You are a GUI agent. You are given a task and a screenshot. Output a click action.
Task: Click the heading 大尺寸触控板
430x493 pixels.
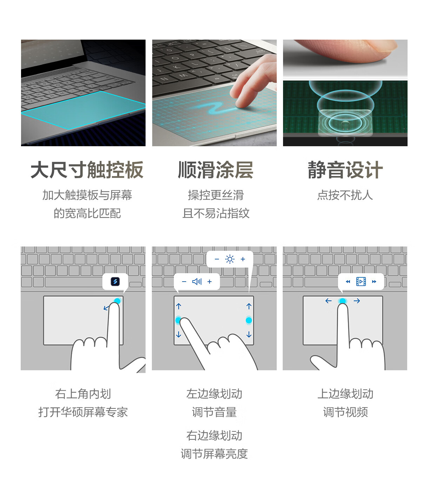click(87, 170)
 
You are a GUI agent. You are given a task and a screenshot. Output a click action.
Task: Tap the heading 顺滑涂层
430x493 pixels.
click(215, 170)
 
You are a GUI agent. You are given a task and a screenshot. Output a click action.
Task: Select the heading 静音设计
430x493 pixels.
click(345, 170)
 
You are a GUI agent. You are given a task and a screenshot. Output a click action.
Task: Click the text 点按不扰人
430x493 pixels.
click(345, 195)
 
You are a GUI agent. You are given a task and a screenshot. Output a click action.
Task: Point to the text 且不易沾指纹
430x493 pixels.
click(216, 213)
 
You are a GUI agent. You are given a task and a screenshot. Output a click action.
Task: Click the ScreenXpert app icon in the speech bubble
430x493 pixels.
click(115, 282)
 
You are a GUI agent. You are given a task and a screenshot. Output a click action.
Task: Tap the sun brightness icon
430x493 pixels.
click(230, 259)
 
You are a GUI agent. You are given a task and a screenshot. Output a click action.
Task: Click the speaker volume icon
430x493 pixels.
click(197, 282)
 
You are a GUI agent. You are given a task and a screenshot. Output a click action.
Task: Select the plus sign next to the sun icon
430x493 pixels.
click(243, 259)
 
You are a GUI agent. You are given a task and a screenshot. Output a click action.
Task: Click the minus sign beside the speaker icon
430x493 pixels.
click(184, 282)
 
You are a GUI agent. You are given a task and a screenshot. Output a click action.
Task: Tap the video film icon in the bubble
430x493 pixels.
click(361, 282)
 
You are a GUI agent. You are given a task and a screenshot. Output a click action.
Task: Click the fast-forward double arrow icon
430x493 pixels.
click(374, 282)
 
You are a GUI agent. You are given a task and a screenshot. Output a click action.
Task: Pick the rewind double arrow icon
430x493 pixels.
click(348, 282)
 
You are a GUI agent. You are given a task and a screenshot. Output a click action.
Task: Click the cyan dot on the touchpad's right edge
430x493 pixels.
click(249, 320)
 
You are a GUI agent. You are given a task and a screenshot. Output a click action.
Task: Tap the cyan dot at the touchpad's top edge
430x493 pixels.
click(343, 301)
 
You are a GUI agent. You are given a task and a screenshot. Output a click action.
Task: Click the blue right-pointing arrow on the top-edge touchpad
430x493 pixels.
click(357, 301)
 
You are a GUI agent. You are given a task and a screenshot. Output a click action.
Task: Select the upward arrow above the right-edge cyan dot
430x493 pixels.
click(249, 306)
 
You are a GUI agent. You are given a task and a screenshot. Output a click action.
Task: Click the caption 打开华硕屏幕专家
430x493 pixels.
click(83, 412)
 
